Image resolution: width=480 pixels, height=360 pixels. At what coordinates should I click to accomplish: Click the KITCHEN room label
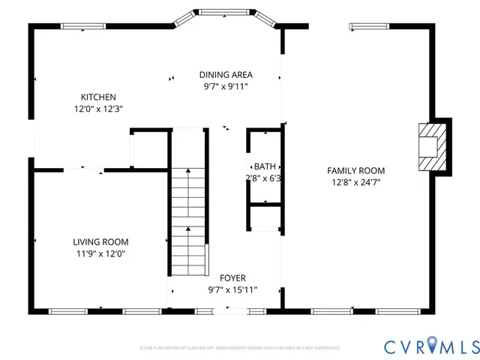pos(98,97)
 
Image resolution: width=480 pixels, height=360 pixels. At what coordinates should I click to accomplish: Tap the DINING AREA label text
pos(226,74)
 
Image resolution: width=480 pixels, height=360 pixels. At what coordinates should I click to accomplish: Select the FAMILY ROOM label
pos(356,170)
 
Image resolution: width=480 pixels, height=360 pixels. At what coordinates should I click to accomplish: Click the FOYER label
pos(232,277)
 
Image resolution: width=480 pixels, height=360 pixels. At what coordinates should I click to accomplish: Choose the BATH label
pos(264,166)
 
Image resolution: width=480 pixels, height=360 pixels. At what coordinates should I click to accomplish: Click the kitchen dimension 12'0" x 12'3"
pos(98,109)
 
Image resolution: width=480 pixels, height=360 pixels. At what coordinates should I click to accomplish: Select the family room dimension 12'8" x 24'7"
pos(356,182)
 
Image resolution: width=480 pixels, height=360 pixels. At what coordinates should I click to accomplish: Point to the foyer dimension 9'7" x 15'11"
pos(232,289)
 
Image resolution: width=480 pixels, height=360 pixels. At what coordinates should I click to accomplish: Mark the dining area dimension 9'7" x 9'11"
pos(226,86)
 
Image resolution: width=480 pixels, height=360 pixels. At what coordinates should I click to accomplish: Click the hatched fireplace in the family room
pos(430,146)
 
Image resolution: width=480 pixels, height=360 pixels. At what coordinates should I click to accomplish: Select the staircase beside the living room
pos(187,221)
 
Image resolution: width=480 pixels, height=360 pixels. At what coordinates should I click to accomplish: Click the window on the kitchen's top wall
pos(82,28)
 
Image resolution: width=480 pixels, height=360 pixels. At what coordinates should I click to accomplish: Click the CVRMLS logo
pos(431,346)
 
